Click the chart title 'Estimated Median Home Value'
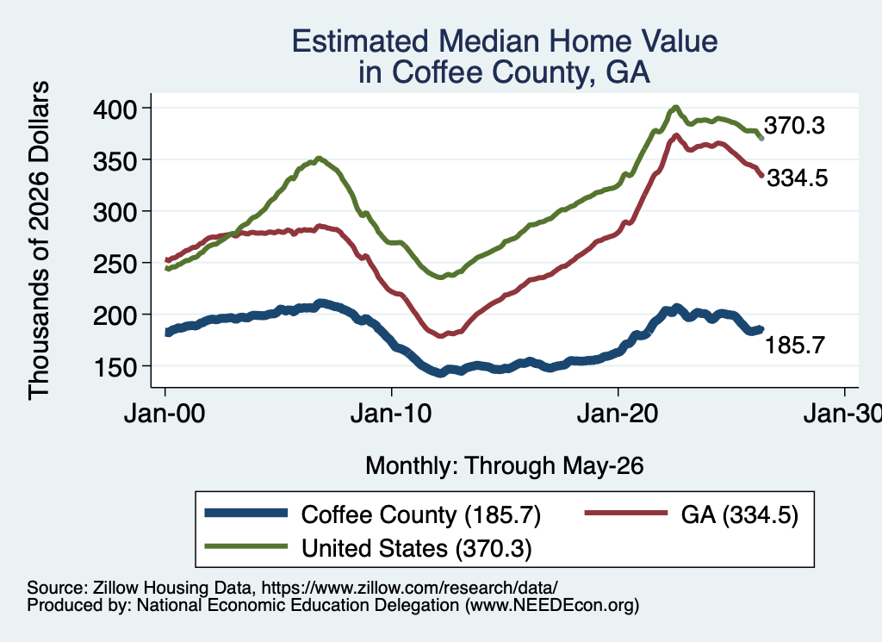505,41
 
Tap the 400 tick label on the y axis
115,109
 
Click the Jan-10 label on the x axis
391,414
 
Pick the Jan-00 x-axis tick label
165,414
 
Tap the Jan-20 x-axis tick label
618,414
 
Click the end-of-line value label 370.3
794,126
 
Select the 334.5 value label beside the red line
798,178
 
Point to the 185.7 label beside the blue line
795,345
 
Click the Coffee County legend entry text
420,514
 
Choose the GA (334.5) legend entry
739,514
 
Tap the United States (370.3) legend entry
416,549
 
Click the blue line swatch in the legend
246,513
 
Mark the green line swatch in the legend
246,545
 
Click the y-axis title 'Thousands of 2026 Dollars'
40,240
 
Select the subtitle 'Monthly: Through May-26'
505,466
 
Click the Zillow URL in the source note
409,588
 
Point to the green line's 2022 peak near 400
676,107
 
